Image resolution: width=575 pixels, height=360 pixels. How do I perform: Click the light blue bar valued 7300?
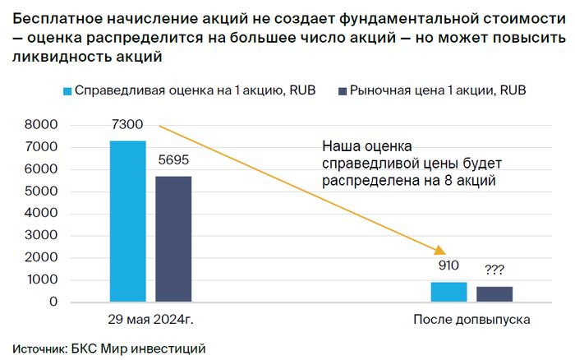click(x=127, y=221)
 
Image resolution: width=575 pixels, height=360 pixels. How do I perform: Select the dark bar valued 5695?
click(x=172, y=239)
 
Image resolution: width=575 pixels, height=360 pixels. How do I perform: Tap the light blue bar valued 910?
click(x=448, y=292)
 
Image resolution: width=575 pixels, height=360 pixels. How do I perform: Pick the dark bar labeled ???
click(x=494, y=294)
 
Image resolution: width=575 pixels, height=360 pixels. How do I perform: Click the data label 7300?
click(x=128, y=125)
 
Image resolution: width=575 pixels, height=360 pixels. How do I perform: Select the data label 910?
click(x=448, y=266)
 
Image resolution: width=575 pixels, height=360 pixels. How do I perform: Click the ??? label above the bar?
click(x=494, y=270)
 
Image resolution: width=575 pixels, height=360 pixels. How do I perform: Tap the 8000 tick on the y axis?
click(x=41, y=125)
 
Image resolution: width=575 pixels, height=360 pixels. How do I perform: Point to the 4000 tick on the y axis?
click(x=41, y=214)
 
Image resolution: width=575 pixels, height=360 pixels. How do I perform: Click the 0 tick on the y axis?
click(x=53, y=302)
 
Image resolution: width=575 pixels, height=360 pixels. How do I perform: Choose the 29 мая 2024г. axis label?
click(x=150, y=319)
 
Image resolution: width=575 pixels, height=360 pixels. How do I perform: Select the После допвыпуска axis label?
click(x=471, y=319)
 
